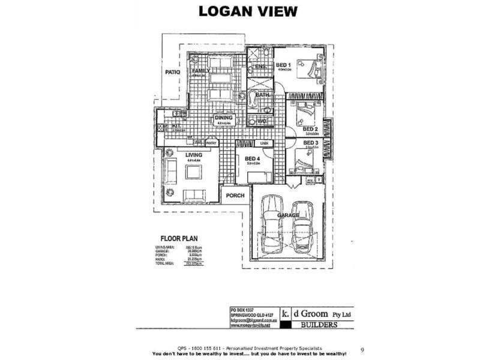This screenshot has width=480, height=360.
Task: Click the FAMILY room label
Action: pyautogui.click(x=200, y=71)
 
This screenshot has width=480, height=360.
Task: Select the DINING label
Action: pyautogui.click(x=223, y=118)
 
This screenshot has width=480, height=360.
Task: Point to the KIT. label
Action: pyautogui.click(x=176, y=126)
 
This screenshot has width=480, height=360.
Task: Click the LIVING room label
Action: pyautogui.click(x=194, y=155)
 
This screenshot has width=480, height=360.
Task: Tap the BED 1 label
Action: pyautogui.click(x=283, y=65)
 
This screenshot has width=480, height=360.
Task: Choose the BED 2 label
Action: pyautogui.click(x=310, y=128)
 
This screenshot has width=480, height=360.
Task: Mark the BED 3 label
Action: pyautogui.click(x=310, y=142)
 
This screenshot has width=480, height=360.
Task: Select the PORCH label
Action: pyautogui.click(x=234, y=195)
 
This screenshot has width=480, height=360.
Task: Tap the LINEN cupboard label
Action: pyautogui.click(x=265, y=143)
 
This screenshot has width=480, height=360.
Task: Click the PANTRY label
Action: pyautogui.click(x=211, y=143)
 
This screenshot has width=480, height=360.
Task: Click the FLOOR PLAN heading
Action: pyautogui.click(x=175, y=238)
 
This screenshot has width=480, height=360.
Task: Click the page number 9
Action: pyautogui.click(x=362, y=349)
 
